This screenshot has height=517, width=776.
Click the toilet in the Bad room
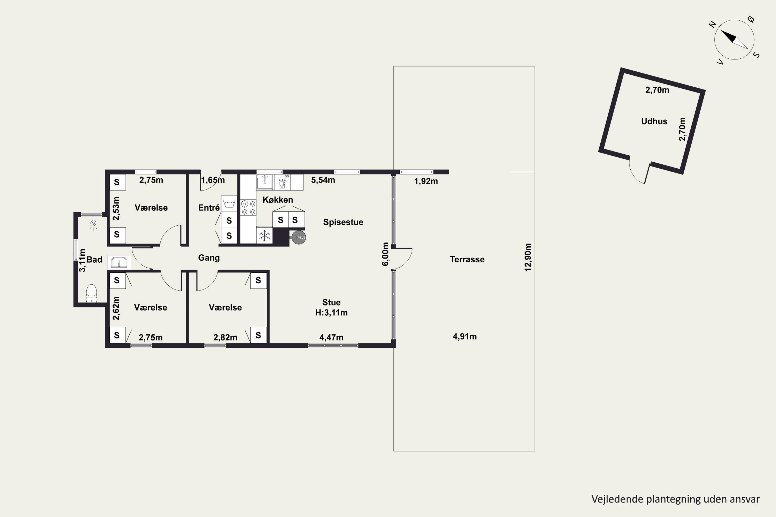coord(91,293)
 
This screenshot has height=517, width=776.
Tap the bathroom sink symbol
coord(119,262)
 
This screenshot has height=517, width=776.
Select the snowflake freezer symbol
coord(265,236)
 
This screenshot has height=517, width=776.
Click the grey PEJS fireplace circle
coord(299,237)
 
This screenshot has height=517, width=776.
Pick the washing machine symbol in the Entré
coord(229,203)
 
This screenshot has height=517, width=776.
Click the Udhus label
coord(654,121)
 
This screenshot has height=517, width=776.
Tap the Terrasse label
coord(467,260)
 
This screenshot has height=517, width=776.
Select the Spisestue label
coord(343,222)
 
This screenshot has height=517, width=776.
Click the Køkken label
coord(278,200)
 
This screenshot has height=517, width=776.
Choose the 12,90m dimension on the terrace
coord(528,257)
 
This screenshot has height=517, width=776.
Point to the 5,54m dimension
coord(323,180)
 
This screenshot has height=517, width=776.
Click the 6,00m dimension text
coord(385,254)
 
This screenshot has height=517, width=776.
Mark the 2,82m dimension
coord(225,337)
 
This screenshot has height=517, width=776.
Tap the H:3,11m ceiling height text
coord(331,313)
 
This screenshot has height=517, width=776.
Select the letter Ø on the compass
coord(751,19)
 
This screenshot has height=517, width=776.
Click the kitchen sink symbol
coord(265,182)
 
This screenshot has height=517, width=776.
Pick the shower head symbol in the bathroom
coord(93,224)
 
